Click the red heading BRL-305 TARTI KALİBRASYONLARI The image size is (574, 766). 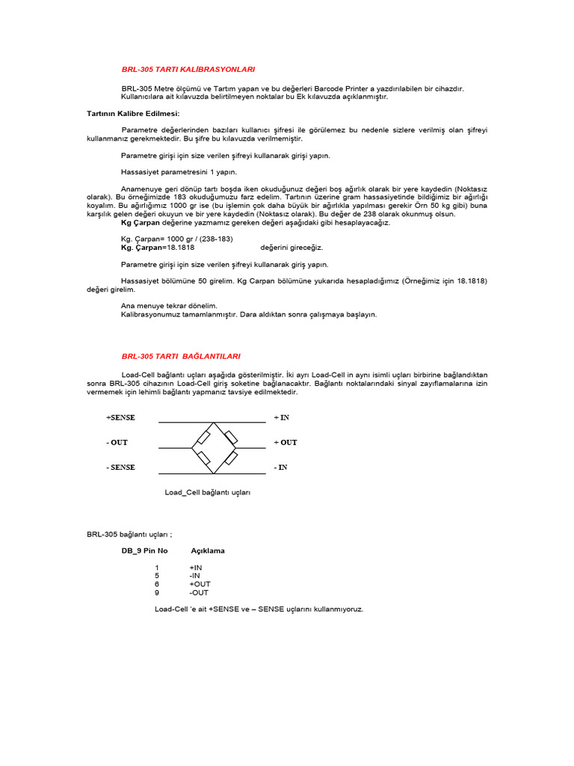tap(188, 69)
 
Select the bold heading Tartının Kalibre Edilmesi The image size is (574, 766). tap(133, 113)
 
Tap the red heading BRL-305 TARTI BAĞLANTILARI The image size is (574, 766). tap(181, 356)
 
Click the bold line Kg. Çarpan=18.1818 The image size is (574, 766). tap(158, 247)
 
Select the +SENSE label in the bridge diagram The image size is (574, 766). tap(120, 417)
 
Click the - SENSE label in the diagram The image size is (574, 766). tap(120, 468)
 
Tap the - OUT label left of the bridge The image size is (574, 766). tap(117, 442)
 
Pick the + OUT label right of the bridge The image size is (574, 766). tap(286, 442)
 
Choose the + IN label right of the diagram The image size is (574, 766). tap(281, 417)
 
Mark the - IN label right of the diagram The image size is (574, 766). tap(280, 468)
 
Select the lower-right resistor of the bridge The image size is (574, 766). tap(232, 456)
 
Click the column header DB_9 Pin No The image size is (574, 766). tap(144, 551)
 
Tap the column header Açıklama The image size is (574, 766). tap(208, 551)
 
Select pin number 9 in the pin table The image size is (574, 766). tap(157, 592)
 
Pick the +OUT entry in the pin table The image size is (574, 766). tap(200, 584)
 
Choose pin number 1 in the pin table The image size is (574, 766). tap(157, 568)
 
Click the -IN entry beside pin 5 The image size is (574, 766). tap(195, 576)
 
